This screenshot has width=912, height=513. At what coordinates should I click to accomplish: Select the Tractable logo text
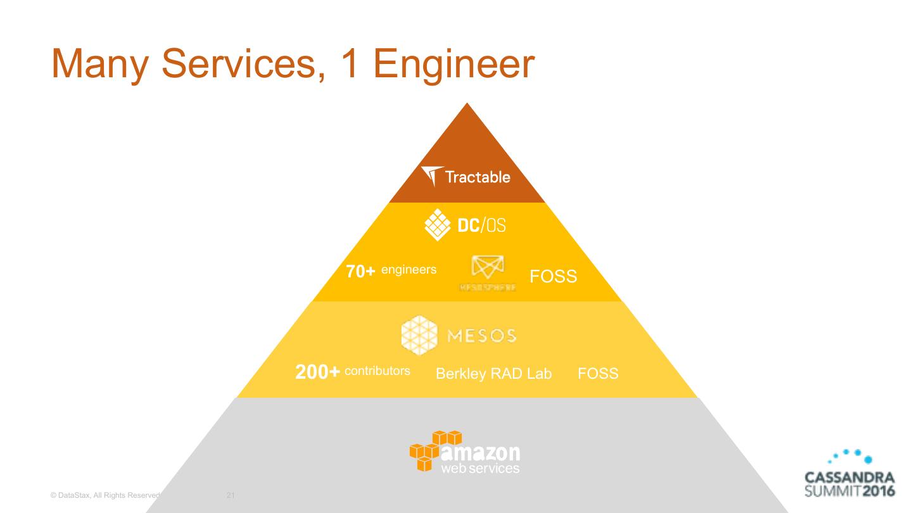pos(478,177)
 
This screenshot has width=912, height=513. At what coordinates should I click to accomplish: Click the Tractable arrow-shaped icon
pos(432,176)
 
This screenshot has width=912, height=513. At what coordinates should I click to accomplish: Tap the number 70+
pos(361,272)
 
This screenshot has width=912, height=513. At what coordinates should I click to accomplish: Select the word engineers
pos(408,270)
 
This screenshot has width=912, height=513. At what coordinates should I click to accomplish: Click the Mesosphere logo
pos(488,273)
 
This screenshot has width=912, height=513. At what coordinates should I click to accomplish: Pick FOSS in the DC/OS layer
pos(553,276)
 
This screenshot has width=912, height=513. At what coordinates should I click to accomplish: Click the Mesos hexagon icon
pos(419,334)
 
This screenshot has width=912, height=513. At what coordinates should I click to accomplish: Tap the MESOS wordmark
pos(482,336)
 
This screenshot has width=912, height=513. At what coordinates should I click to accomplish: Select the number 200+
pos(318,372)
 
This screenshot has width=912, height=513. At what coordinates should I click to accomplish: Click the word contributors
pos(377,371)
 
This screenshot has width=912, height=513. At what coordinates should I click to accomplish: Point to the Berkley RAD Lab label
pos(493,374)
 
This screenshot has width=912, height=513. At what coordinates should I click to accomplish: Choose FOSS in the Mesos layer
pos(598,374)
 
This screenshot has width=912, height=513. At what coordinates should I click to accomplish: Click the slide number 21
pos(231,495)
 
